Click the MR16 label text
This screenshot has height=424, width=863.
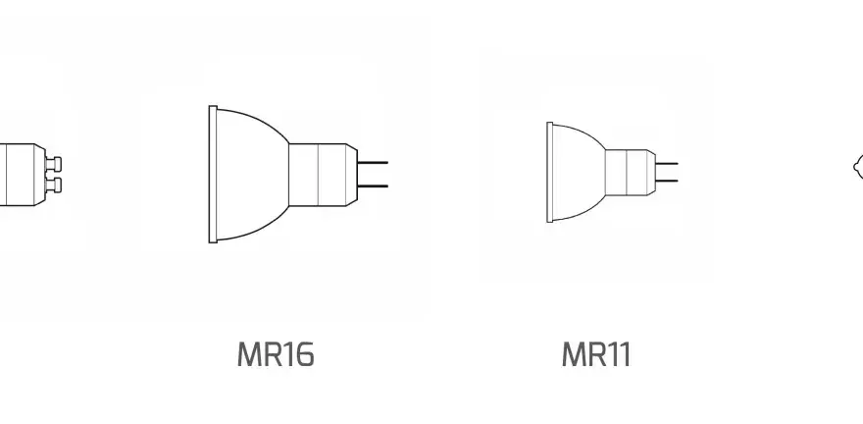276,354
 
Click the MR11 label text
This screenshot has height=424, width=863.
596,354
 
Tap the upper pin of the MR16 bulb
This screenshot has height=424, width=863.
373,163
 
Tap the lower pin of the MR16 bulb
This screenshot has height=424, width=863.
373,186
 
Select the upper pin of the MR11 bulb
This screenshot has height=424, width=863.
667,163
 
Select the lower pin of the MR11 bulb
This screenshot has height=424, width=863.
667,181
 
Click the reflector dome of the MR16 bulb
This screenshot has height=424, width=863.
250,175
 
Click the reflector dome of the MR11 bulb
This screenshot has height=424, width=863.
577,173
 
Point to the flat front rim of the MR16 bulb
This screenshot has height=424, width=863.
213,174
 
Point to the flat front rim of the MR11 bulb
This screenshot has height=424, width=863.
549,173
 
